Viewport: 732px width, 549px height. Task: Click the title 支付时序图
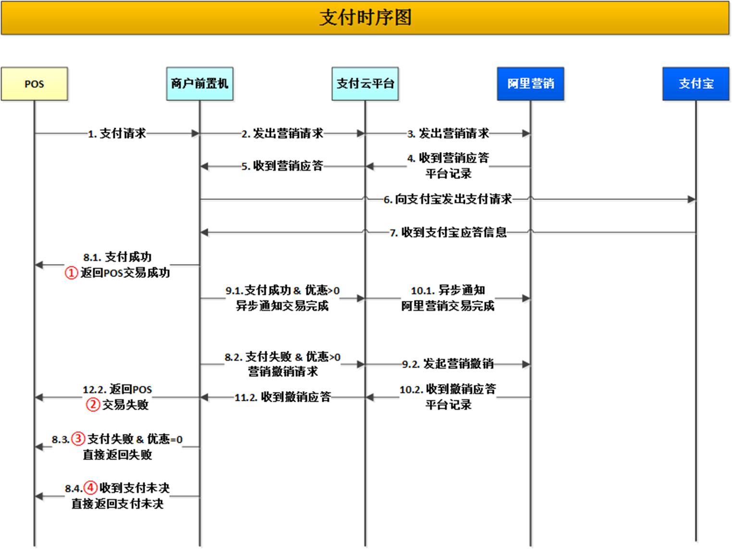[x=366, y=18]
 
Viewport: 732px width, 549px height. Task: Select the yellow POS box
[x=34, y=84]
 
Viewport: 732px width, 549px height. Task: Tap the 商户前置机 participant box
[x=200, y=84]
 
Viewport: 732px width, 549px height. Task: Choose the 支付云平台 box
[x=365, y=84]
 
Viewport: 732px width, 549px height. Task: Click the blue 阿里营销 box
[x=530, y=84]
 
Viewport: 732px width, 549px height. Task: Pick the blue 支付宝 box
[x=695, y=84]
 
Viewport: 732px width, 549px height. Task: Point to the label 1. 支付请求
[x=117, y=133]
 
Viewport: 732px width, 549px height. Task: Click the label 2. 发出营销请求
[x=282, y=133]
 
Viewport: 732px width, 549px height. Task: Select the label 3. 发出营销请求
[x=448, y=133]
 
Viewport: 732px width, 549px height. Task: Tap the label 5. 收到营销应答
[x=282, y=166]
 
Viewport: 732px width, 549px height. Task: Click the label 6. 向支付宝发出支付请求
[x=448, y=199]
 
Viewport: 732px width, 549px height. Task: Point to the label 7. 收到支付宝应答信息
[x=448, y=232]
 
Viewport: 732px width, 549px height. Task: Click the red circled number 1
[x=71, y=273]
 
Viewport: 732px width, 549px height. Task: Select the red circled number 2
[x=93, y=405]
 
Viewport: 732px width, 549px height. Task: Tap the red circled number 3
[x=78, y=439]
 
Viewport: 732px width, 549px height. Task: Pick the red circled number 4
[x=91, y=488]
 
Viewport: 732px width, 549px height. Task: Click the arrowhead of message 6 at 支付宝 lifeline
[x=692, y=199]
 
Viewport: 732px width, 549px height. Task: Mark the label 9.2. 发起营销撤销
[x=448, y=364]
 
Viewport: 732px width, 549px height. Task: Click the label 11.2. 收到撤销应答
[x=282, y=397]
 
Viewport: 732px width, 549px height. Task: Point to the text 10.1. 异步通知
[x=448, y=290]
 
